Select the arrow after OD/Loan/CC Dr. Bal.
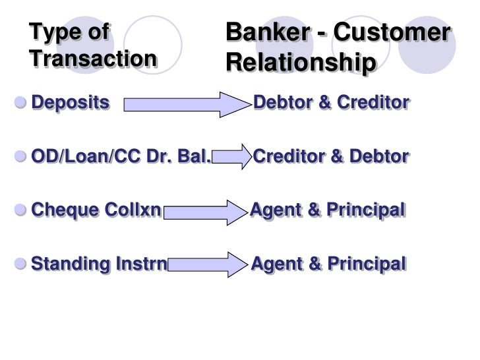(x=232, y=158)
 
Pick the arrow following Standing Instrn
(x=209, y=265)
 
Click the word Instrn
(x=139, y=265)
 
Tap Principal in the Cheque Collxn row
(x=365, y=211)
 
